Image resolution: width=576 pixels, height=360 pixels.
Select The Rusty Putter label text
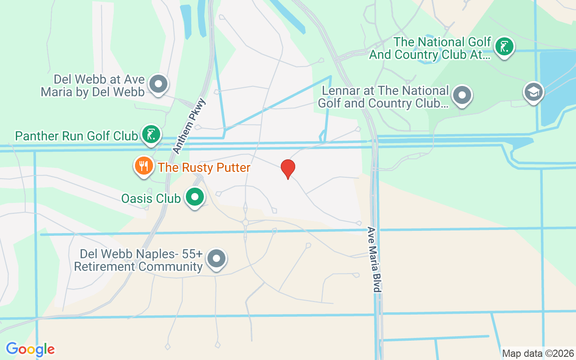click(204, 168)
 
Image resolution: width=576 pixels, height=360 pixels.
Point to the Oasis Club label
click(151, 198)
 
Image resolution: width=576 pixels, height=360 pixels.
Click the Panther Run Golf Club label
click(76, 136)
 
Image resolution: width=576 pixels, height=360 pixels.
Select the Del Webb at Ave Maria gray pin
click(158, 84)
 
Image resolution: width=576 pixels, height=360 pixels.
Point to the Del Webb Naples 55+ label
click(139, 261)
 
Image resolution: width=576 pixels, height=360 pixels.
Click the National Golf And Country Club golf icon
click(504, 46)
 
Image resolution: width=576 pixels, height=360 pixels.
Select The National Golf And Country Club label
click(430, 49)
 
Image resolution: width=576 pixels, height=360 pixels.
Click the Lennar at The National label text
click(383, 97)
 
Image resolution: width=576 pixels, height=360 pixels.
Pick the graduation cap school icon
click(533, 92)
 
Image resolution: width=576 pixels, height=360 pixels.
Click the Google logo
click(30, 349)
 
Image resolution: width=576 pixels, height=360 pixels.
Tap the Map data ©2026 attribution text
click(538, 353)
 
